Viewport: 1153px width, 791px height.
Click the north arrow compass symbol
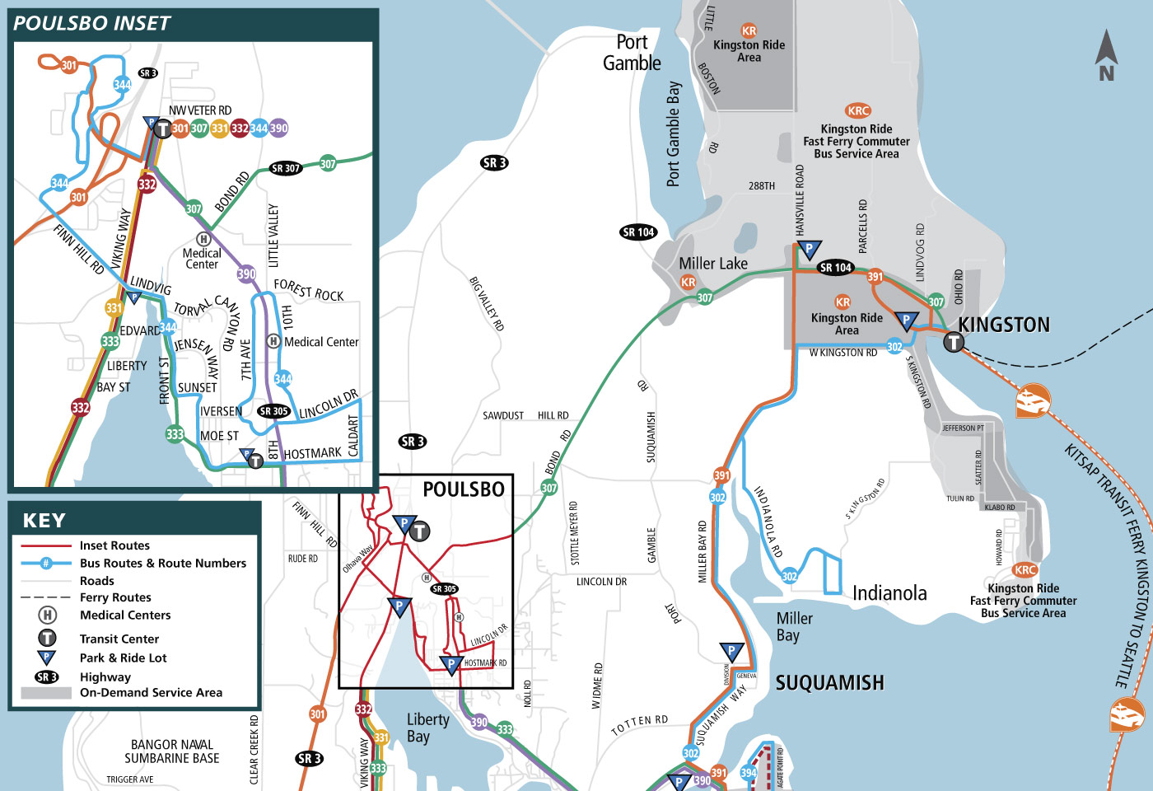(x=1106, y=55)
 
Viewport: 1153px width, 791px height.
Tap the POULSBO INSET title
(x=91, y=24)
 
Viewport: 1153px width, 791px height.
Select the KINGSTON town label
(x=1004, y=325)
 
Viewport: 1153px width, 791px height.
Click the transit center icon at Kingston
(x=954, y=341)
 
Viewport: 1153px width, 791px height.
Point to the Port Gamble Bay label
(x=674, y=133)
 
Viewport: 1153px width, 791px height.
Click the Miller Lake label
(x=713, y=264)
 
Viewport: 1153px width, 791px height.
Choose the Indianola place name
(x=889, y=593)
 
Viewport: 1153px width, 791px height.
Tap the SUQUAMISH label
(x=829, y=683)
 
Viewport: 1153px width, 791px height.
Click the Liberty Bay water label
(x=428, y=728)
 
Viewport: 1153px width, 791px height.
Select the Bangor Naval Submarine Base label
(x=172, y=751)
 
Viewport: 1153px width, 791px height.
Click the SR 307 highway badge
(x=286, y=168)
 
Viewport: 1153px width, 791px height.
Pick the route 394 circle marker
(x=749, y=772)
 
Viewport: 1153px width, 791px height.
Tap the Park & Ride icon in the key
(x=47, y=658)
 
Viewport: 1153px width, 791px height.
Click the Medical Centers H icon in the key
(x=48, y=615)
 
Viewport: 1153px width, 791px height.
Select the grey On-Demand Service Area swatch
(x=46, y=693)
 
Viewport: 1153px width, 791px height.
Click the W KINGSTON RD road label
(x=843, y=353)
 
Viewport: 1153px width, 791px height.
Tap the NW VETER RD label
(x=200, y=110)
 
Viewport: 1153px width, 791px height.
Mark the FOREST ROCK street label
(x=309, y=290)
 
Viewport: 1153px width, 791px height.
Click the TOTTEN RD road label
(x=639, y=725)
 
